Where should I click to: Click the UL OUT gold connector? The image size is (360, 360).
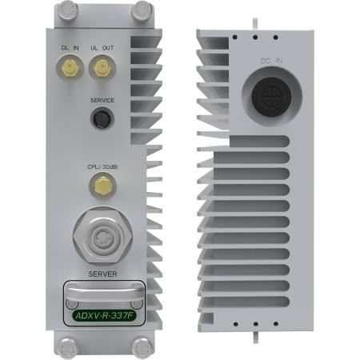coord(101,70)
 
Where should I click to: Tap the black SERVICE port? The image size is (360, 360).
coord(102,119)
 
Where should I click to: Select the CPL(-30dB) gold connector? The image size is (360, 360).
coord(102,186)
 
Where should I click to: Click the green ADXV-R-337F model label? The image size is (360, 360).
coord(102,314)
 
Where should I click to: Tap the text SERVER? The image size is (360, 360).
coord(103,274)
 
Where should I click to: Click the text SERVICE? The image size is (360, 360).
coord(102,100)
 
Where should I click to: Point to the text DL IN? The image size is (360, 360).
coord(70,49)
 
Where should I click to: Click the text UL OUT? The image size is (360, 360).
coord(102,49)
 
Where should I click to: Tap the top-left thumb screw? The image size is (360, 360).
coord(65,10)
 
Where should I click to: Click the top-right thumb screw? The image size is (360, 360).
coord(141,10)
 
